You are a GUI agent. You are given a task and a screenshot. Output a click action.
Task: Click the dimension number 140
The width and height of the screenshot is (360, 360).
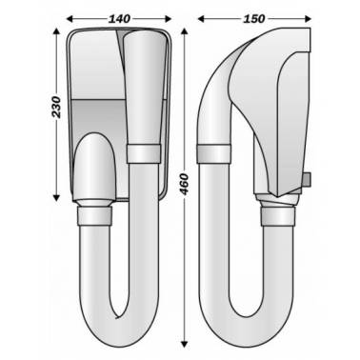119,19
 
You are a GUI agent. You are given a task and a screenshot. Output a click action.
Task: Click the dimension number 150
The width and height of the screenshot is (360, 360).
254,19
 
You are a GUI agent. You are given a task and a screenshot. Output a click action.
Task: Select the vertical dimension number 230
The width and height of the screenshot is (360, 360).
56,107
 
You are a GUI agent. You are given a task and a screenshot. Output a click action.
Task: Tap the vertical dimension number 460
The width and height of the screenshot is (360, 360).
184,184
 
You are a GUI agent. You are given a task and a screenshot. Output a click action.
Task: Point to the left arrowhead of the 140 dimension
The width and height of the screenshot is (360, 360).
70,19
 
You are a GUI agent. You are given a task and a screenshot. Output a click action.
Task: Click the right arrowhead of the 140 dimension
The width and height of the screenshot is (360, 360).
169,19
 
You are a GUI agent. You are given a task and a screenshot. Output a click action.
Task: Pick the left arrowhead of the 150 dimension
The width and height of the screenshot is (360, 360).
201,19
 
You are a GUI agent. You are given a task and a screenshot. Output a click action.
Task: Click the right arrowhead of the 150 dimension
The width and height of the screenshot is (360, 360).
308,19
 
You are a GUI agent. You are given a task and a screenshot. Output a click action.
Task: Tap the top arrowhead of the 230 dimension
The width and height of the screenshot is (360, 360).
56,31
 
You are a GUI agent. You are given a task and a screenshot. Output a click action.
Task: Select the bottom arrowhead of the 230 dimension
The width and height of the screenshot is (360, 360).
56,198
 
